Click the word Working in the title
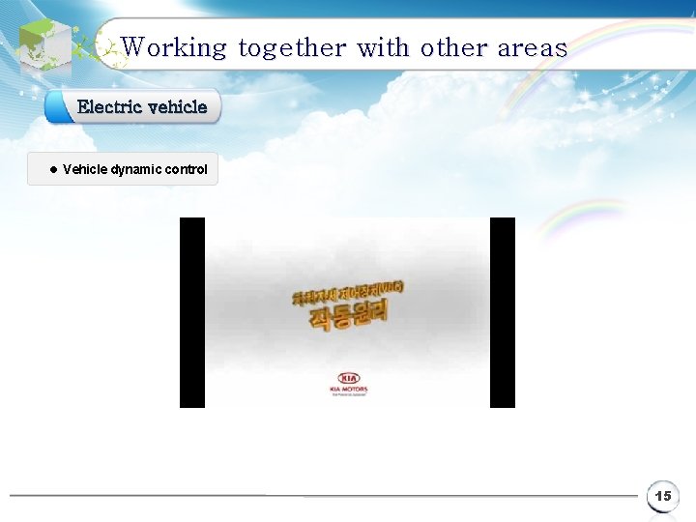click(174, 47)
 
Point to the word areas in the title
click(532, 47)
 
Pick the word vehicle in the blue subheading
click(177, 106)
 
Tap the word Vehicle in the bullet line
click(85, 169)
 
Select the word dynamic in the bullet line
click(136, 169)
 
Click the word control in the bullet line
click(187, 169)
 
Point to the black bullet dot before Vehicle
click(52, 169)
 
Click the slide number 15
click(662, 496)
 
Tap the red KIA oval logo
click(348, 378)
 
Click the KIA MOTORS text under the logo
click(348, 390)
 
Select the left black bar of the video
click(192, 312)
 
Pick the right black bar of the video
click(503, 312)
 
